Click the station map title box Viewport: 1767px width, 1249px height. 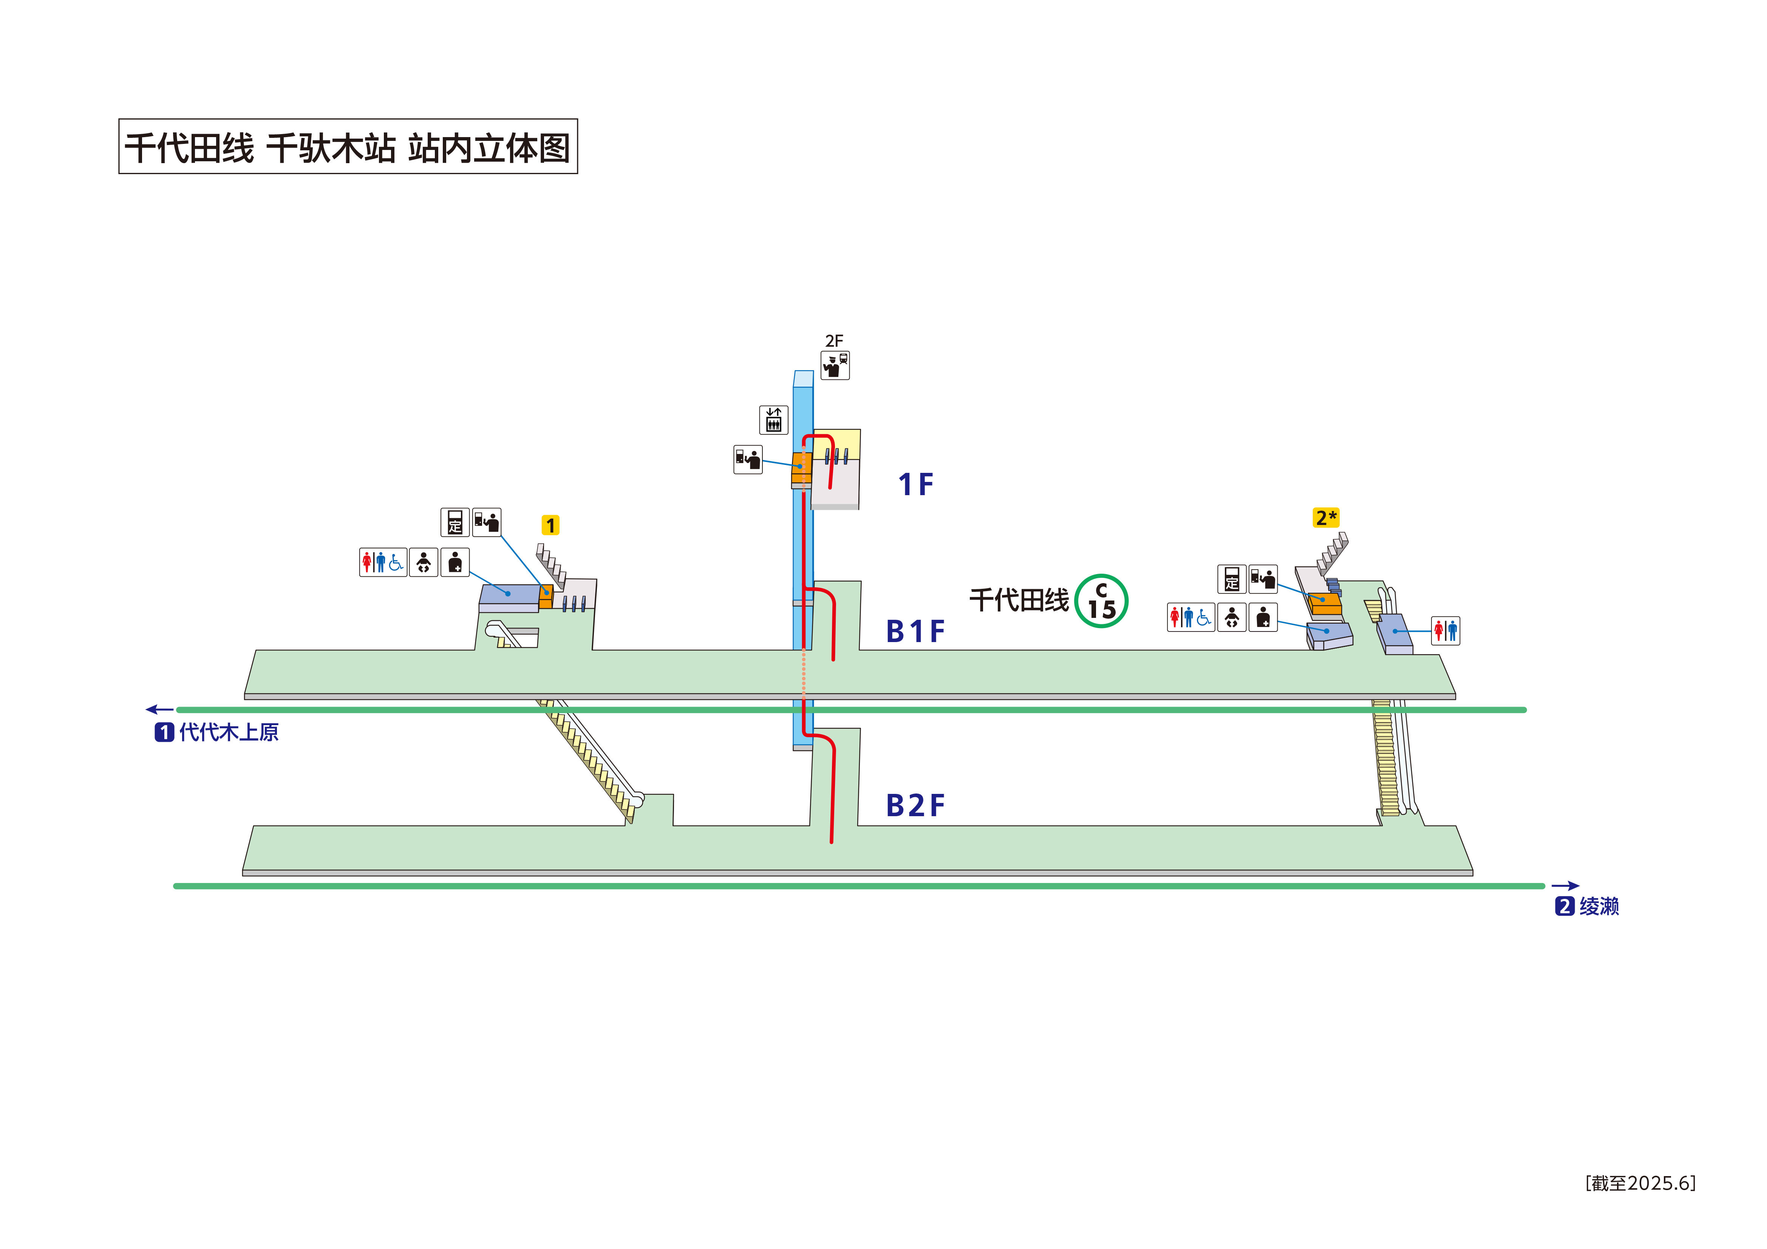click(348, 146)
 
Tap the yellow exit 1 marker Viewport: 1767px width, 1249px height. click(550, 526)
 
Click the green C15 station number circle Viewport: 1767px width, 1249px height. click(1101, 601)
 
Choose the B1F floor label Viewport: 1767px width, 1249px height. click(915, 631)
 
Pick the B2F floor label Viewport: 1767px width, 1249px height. click(915, 806)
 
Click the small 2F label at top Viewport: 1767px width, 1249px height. click(834, 341)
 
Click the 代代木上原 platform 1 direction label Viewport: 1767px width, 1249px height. click(217, 732)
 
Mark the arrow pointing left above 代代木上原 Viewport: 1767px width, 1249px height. click(160, 710)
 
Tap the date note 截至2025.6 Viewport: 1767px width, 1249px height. click(1640, 1183)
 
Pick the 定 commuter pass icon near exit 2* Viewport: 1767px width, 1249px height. click(1231, 579)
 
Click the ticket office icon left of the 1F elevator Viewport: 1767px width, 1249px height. click(748, 459)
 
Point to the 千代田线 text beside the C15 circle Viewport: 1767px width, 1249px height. click(1019, 600)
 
